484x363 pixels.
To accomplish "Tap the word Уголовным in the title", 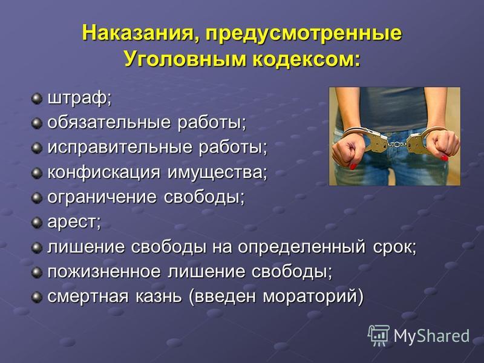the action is (x=185, y=59).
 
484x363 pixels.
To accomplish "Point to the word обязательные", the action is (x=109, y=123).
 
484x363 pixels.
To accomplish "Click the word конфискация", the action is (x=103, y=172).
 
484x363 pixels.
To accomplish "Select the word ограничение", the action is (x=102, y=198).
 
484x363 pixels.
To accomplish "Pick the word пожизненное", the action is (x=104, y=272).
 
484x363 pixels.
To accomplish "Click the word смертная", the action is (x=88, y=296).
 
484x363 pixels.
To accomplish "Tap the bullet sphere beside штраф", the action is (x=37, y=99).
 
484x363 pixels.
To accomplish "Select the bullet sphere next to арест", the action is (x=37, y=223).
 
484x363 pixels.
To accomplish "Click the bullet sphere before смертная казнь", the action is (x=37, y=296).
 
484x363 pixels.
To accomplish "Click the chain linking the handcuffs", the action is (x=397, y=143).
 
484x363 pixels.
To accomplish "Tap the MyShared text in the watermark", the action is (x=431, y=336).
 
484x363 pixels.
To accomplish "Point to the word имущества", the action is (x=217, y=172).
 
